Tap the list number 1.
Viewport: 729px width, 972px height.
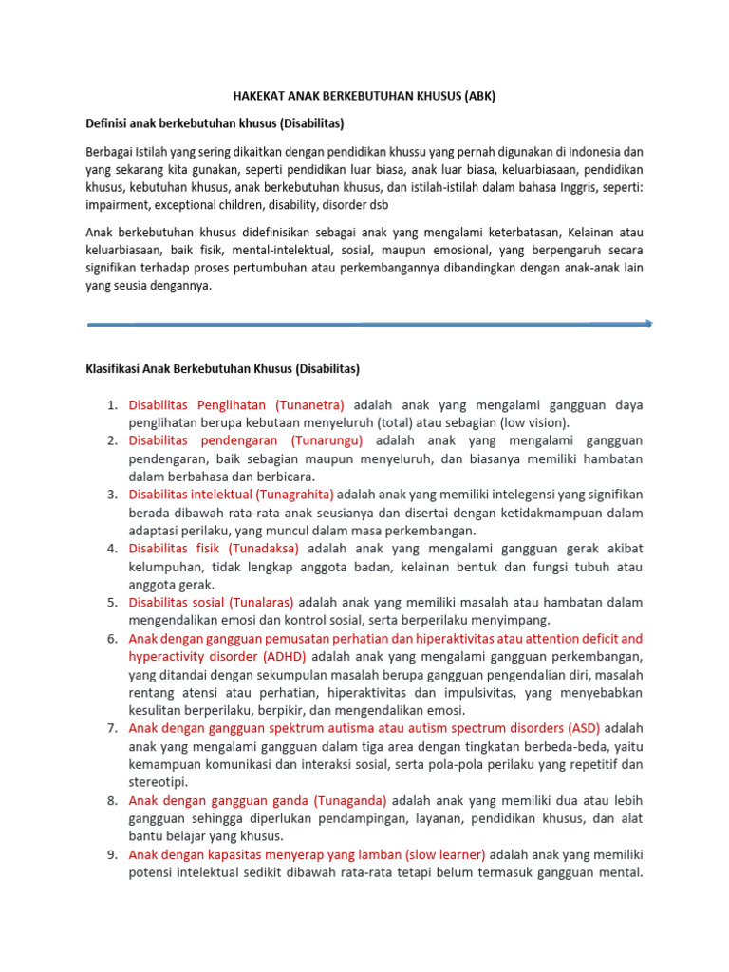click(x=111, y=404)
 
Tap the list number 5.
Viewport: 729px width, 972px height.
click(x=111, y=602)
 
